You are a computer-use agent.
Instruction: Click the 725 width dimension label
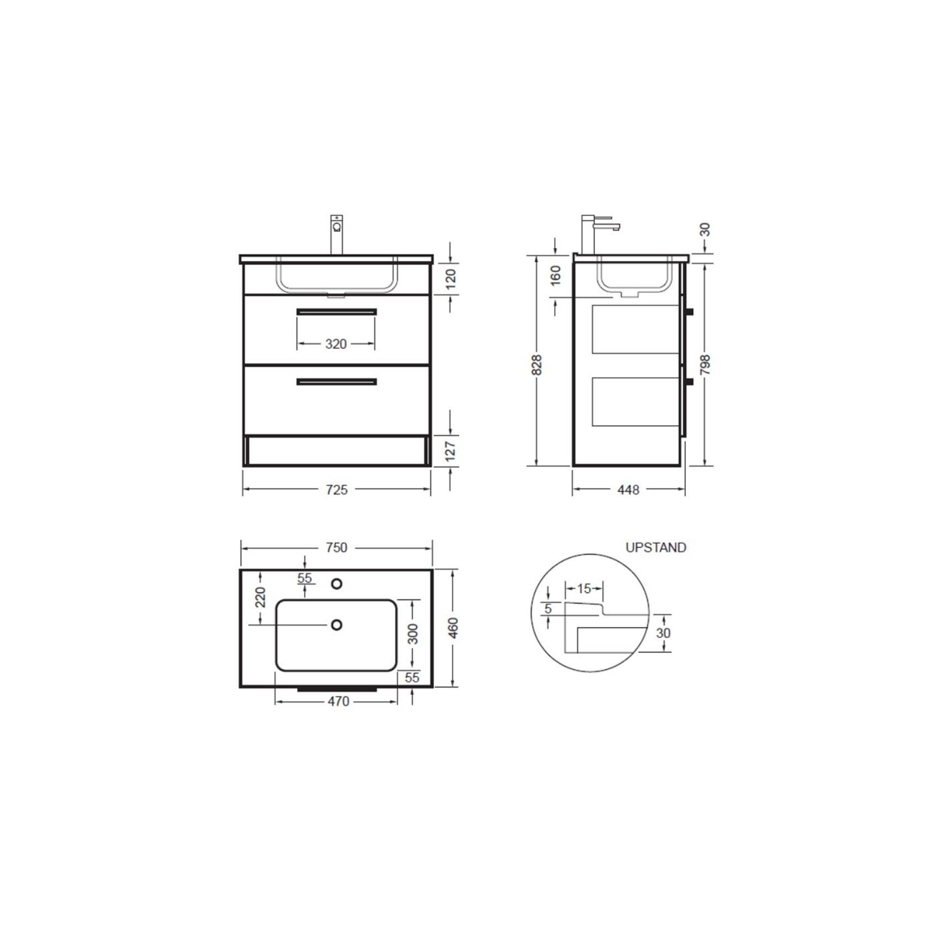[336, 490]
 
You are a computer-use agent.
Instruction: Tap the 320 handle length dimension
[336, 344]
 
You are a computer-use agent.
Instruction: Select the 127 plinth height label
[451, 450]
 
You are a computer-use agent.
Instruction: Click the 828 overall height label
[536, 365]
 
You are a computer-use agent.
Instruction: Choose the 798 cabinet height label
[704, 365]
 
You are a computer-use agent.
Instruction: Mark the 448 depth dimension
[628, 490]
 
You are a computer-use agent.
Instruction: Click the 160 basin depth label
[556, 275]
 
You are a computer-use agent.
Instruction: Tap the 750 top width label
[336, 548]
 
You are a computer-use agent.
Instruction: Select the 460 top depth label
[453, 628]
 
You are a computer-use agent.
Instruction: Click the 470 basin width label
[338, 701]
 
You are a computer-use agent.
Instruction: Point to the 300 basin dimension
[413, 633]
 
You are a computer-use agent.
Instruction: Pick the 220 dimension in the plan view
[261, 597]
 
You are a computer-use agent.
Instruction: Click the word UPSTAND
[655, 548]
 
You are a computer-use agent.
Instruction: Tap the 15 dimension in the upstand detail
[584, 588]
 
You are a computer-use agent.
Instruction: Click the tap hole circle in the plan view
[336, 583]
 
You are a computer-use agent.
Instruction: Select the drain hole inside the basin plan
[336, 625]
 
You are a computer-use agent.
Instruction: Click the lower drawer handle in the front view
[336, 382]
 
